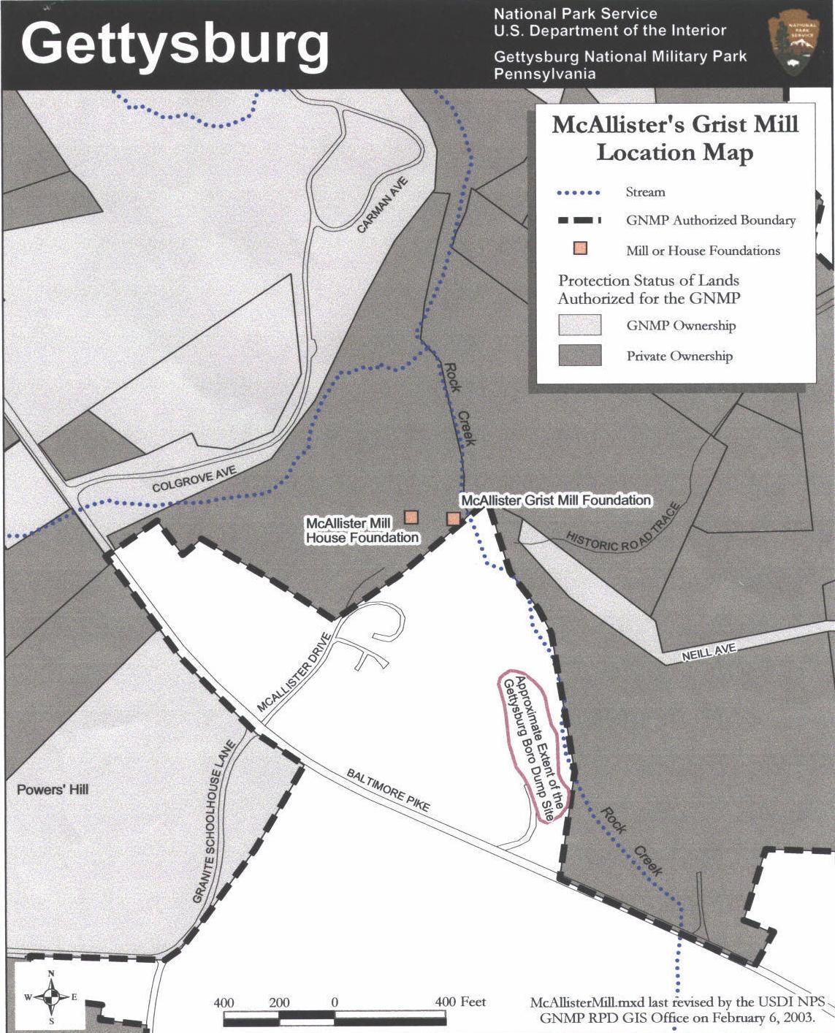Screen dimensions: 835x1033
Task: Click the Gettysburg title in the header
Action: pyautogui.click(x=175, y=43)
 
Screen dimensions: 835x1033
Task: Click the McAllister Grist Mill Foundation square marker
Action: pyautogui.click(x=453, y=519)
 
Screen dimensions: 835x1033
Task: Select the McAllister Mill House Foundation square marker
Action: pyautogui.click(x=411, y=517)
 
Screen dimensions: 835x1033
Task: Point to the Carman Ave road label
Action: pyautogui.click(x=382, y=205)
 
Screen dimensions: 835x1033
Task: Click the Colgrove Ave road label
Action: pyautogui.click(x=194, y=480)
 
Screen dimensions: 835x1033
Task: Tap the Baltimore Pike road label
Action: pyautogui.click(x=388, y=790)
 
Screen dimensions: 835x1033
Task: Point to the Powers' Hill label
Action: pyautogui.click(x=53, y=789)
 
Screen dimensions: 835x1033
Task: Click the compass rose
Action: pyautogui.click(x=51, y=997)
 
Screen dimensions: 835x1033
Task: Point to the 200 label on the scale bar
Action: pyautogui.click(x=279, y=1002)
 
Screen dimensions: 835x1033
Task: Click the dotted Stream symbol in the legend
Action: pyautogui.click(x=579, y=193)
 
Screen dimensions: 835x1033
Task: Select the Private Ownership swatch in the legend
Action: pyautogui.click(x=580, y=356)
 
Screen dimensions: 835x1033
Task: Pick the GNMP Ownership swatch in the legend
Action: pyautogui.click(x=580, y=325)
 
